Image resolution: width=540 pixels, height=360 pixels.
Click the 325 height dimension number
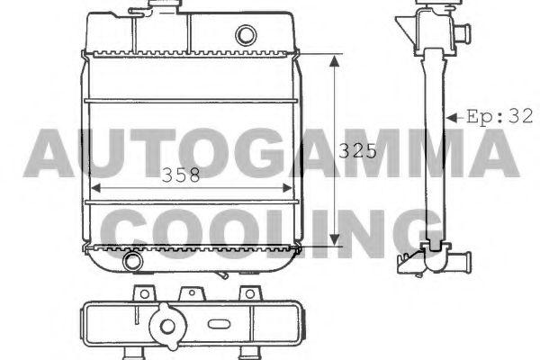[x=356, y=151]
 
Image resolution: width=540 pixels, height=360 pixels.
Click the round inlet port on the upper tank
[x=246, y=36]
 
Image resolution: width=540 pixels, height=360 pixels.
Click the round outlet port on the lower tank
[x=133, y=262]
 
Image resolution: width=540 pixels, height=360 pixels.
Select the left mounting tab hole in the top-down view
[x=141, y=292]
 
